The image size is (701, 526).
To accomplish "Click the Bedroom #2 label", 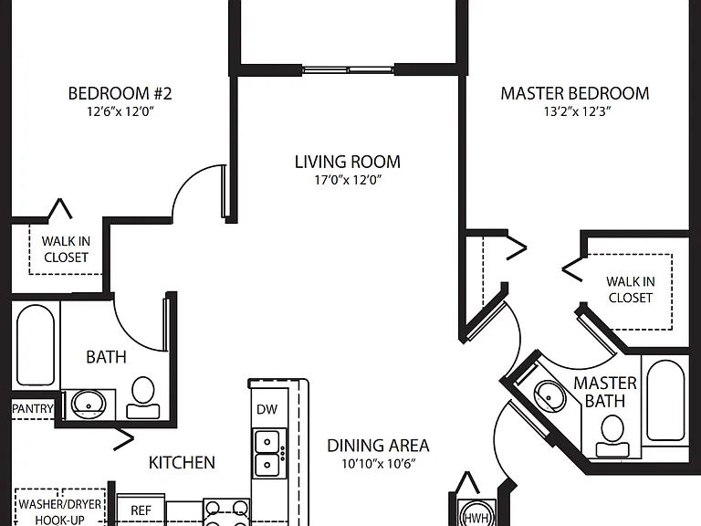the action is [x=120, y=93].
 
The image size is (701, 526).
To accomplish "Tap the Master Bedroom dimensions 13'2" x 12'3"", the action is [x=577, y=111].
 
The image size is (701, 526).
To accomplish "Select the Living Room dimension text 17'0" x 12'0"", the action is [x=348, y=180].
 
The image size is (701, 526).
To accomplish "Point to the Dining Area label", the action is [x=378, y=446].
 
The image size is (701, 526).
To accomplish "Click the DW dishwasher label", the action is [x=267, y=409].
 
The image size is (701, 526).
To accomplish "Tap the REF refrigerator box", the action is [x=141, y=510].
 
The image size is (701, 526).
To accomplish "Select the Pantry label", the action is [x=32, y=408].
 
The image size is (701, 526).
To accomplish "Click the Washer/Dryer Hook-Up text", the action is [x=60, y=512].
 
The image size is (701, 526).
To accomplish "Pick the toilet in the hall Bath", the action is [x=143, y=397].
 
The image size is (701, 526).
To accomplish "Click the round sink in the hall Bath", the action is [x=89, y=405].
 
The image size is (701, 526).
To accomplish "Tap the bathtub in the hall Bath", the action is [x=36, y=344].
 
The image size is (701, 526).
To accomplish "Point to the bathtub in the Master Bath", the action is [x=665, y=400].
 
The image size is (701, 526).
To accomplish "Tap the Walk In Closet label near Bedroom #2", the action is [x=66, y=249].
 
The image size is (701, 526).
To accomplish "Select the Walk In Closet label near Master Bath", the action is [x=631, y=289].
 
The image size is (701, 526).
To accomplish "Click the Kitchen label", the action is [x=182, y=462].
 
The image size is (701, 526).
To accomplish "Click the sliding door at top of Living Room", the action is [x=348, y=69].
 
